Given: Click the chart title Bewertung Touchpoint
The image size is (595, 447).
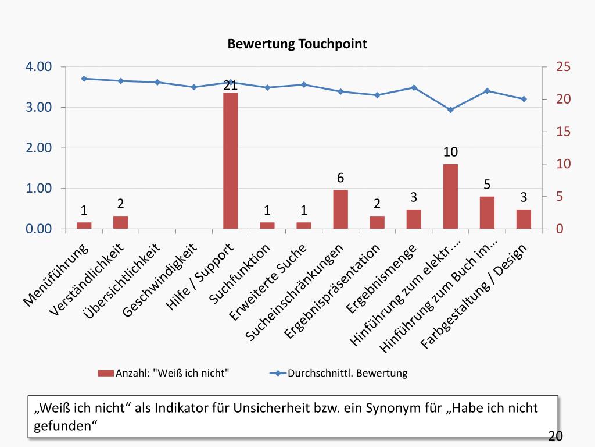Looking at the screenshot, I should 297,44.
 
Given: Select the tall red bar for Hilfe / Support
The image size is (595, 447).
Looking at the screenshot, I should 230,160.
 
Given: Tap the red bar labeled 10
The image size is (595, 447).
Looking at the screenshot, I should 450,196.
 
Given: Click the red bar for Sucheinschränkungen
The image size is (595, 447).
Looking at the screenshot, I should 340,209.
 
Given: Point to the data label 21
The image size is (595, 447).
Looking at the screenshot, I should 230,86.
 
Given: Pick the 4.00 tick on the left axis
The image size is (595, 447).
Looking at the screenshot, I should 38,67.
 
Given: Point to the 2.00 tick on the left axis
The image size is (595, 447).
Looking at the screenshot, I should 38,148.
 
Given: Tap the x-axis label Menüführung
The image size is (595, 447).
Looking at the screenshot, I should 56,275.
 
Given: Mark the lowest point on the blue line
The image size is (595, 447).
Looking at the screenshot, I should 450,109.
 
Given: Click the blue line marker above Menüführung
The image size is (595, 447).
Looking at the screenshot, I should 84,79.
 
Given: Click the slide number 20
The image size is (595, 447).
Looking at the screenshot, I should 555,437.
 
